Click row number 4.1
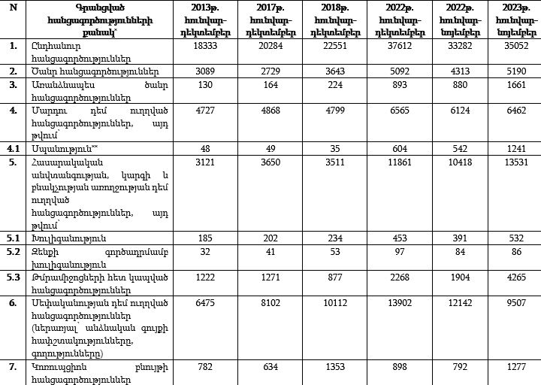click(12, 149)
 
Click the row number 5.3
click(12, 275)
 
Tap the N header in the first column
click(12, 8)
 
